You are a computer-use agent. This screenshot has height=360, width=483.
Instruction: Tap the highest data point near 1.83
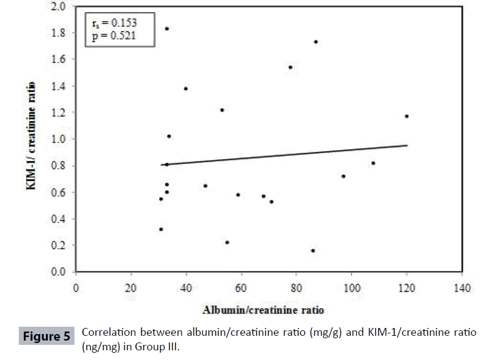tap(167, 28)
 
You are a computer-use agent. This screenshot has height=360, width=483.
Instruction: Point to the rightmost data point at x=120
tap(407, 116)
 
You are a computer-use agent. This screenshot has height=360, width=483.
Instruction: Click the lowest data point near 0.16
tap(313, 250)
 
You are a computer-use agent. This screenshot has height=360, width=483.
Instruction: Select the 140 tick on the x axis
tap(462, 287)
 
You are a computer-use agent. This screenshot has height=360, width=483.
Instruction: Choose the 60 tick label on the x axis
tap(241, 287)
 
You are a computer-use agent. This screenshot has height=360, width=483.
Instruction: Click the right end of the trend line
tap(407, 145)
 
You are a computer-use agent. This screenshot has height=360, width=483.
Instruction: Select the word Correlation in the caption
tap(108, 333)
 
